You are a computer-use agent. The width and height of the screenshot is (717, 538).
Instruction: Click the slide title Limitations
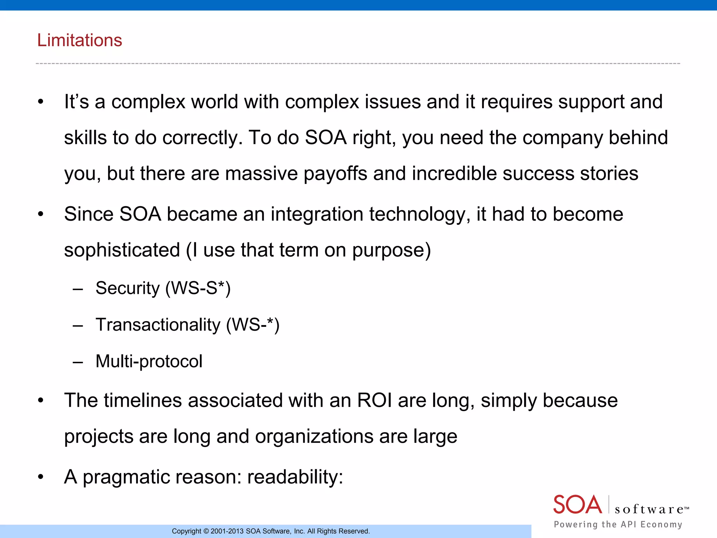tap(79, 40)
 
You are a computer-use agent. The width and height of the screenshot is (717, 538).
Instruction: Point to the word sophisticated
tap(122, 250)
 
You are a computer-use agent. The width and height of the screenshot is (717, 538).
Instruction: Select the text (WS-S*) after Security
tap(198, 289)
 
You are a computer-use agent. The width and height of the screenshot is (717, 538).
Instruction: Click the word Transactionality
tap(158, 325)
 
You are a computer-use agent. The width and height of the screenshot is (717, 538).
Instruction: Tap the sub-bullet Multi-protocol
tap(149, 361)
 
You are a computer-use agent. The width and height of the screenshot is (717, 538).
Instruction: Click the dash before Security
tap(78, 289)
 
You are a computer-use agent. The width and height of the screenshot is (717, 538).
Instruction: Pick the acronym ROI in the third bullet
tap(374, 400)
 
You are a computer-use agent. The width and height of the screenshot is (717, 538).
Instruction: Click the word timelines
tap(142, 400)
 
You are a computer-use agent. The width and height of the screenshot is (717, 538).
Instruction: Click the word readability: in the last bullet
tap(295, 477)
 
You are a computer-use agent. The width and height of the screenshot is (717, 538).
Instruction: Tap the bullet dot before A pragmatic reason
tap(41, 477)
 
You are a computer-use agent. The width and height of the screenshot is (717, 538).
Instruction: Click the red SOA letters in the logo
tap(577, 505)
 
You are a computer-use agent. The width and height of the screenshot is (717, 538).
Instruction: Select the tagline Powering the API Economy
tap(618, 524)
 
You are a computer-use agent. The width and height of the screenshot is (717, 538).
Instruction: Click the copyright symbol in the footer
tap(206, 531)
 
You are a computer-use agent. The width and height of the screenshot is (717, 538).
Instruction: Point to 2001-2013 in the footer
tap(227, 531)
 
